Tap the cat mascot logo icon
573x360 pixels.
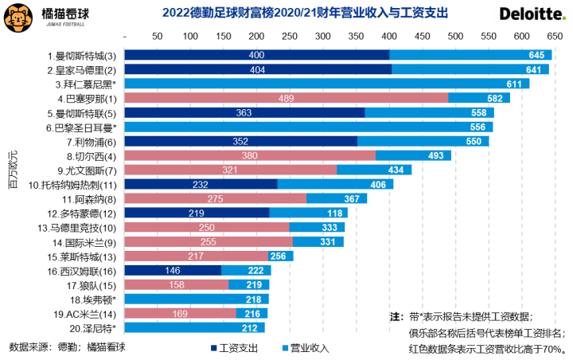[x=18, y=14]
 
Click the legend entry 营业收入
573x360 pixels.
[x=306, y=347]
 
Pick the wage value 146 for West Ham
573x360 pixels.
[x=173, y=271]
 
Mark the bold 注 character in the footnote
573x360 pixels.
[x=394, y=317]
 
